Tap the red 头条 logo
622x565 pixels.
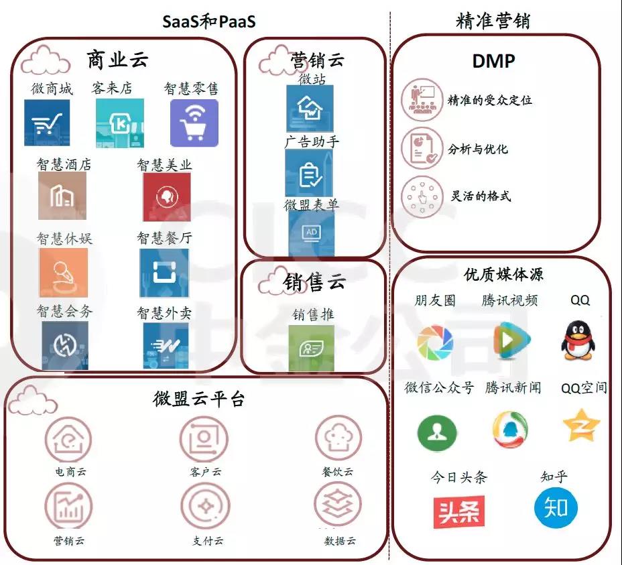[x=459, y=511]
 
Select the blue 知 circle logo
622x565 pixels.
[x=556, y=508]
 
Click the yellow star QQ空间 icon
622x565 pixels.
[x=581, y=426]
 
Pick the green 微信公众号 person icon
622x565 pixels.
[x=437, y=433]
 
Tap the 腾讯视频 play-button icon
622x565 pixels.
[x=511, y=340]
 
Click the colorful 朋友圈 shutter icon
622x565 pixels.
[x=435, y=342]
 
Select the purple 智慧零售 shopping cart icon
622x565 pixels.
[x=194, y=123]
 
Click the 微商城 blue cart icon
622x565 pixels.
[x=47, y=123]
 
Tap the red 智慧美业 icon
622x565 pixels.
[x=167, y=197]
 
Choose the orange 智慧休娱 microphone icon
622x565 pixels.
[x=64, y=273]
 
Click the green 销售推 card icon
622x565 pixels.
[x=312, y=349]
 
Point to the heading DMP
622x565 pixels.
[x=493, y=61]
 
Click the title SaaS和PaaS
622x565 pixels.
[x=208, y=21]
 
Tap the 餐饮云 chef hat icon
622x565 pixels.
[x=338, y=438]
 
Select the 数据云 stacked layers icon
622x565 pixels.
[x=338, y=505]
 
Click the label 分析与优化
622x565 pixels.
[x=478, y=149]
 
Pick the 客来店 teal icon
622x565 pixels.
[x=120, y=123]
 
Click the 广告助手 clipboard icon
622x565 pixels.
[x=309, y=173]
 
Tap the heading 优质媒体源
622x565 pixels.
[x=503, y=274]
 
